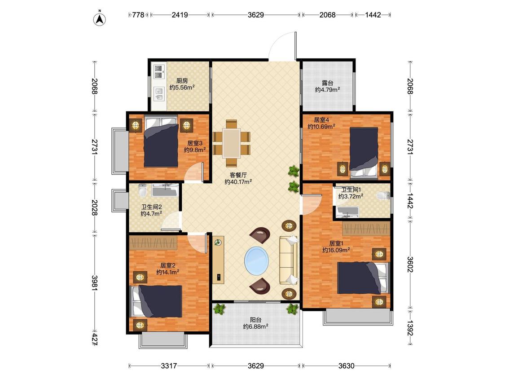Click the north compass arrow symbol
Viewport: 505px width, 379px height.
coord(100,19)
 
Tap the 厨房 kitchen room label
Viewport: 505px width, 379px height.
coord(182,81)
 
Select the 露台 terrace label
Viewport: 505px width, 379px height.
coord(328,83)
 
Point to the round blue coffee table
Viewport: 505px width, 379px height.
coord(257,260)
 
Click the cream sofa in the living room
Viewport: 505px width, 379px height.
coord(289,260)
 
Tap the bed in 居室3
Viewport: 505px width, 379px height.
coord(161,141)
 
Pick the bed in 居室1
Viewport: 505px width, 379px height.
coord(363,278)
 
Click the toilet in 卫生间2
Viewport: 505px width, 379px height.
coord(142,190)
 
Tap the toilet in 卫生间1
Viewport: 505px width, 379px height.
coord(383,195)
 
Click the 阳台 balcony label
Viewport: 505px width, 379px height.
coord(256,320)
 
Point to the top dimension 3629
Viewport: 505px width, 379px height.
coord(256,15)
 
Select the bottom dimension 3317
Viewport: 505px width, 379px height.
coord(169,366)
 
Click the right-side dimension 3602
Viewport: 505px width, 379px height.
coord(410,264)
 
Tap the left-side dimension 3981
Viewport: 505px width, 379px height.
coord(94,283)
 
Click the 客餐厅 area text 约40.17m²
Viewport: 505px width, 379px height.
coord(238,182)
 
